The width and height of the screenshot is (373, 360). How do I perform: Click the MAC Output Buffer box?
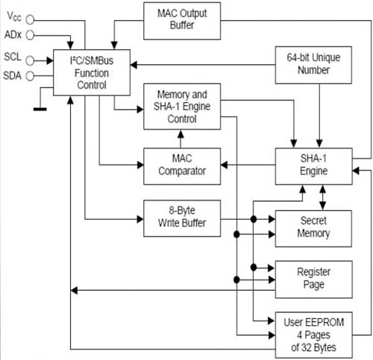pyautogui.click(x=182, y=21)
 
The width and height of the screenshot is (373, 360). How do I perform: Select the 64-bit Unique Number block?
pyautogui.click(x=313, y=65)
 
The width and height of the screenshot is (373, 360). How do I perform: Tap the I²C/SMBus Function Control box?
pyautogui.click(x=92, y=72)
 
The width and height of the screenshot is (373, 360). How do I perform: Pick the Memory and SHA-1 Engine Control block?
pyautogui.click(x=182, y=107)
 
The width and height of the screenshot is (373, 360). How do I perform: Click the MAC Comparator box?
pyautogui.click(x=182, y=166)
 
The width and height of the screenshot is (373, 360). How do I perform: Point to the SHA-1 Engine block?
pyautogui.click(x=313, y=166)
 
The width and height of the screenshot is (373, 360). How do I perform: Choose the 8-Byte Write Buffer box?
pyautogui.click(x=182, y=218)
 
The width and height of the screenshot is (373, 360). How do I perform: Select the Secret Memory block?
pyautogui.click(x=313, y=229)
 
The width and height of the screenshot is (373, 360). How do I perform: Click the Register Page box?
pyautogui.click(x=313, y=280)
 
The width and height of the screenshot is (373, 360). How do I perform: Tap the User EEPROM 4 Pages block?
pyautogui.click(x=313, y=335)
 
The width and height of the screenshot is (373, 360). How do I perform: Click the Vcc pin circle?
pyautogui.click(x=30, y=19)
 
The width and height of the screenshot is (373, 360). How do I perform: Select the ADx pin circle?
pyautogui.click(x=30, y=35)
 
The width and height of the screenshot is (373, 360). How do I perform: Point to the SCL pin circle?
pyautogui.click(x=30, y=60)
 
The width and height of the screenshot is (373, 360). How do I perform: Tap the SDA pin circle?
pyautogui.click(x=30, y=76)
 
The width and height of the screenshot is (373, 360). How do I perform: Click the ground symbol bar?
pyautogui.click(x=40, y=109)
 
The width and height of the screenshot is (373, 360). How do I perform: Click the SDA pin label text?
pyautogui.click(x=13, y=76)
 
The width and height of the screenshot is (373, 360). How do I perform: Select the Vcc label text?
pyautogui.click(x=14, y=16)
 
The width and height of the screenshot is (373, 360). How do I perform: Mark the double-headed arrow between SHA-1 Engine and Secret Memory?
pyautogui.click(x=322, y=198)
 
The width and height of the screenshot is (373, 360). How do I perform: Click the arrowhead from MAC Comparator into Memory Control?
pyautogui.click(x=181, y=134)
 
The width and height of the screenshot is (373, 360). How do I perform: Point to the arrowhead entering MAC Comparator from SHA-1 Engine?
pyautogui.click(x=225, y=165)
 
